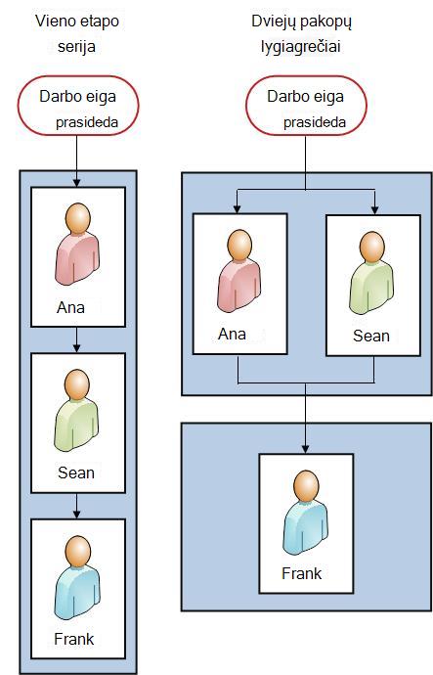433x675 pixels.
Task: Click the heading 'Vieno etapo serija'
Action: pyautogui.click(x=77, y=33)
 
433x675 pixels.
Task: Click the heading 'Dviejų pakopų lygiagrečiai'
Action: pyautogui.click(x=301, y=34)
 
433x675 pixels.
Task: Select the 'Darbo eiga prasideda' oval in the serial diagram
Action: pyautogui.click(x=78, y=107)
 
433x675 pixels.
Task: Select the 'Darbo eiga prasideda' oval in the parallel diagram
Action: pyautogui.click(x=306, y=107)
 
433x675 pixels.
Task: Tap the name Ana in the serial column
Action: pyautogui.click(x=70, y=308)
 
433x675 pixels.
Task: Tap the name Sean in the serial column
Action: pyautogui.click(x=76, y=472)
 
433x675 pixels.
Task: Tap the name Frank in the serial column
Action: pyautogui.click(x=74, y=639)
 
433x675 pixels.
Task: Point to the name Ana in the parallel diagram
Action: pyautogui.click(x=232, y=334)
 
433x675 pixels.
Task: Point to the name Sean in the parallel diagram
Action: pyautogui.click(x=371, y=336)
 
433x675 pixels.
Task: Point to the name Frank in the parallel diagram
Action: pyautogui.click(x=301, y=573)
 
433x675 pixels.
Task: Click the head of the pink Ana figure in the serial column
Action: pyautogui.click(x=78, y=218)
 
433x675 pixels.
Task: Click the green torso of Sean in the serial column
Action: pyautogui.click(x=76, y=427)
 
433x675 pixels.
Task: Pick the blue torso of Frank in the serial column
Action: pyautogui.click(x=77, y=593)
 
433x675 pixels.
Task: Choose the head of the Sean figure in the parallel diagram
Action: pyautogui.click(x=372, y=247)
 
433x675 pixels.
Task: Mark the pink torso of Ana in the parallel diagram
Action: pyautogui.click(x=238, y=287)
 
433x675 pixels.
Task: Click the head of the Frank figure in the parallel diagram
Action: pyautogui.click(x=306, y=485)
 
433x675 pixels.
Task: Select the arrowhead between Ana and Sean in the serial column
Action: pyautogui.click(x=77, y=348)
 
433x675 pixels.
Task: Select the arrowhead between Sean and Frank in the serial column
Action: pyautogui.click(x=77, y=514)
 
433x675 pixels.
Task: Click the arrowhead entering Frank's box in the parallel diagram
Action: pyautogui.click(x=305, y=449)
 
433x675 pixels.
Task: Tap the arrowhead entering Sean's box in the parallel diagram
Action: pyautogui.click(x=374, y=209)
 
